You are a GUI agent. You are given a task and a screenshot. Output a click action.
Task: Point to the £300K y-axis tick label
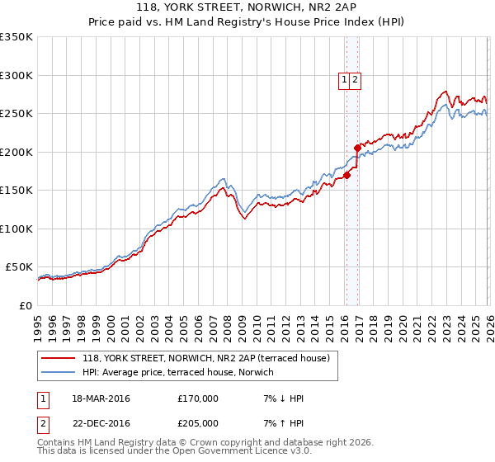coord(16,75)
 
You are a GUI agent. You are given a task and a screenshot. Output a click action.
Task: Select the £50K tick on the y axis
coord(19,267)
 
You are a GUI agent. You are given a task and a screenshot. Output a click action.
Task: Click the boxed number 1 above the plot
coord(344,80)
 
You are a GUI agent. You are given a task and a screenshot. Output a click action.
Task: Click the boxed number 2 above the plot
coord(355,80)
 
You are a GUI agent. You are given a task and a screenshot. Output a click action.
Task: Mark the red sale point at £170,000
coord(347,175)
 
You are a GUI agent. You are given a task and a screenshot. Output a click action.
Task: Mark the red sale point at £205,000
coord(357,148)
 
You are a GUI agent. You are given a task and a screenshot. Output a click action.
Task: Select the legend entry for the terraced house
coord(205,357)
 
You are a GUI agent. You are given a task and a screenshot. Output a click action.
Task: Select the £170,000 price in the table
coord(198,398)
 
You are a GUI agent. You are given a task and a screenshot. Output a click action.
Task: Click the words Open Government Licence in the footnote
coord(229,452)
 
